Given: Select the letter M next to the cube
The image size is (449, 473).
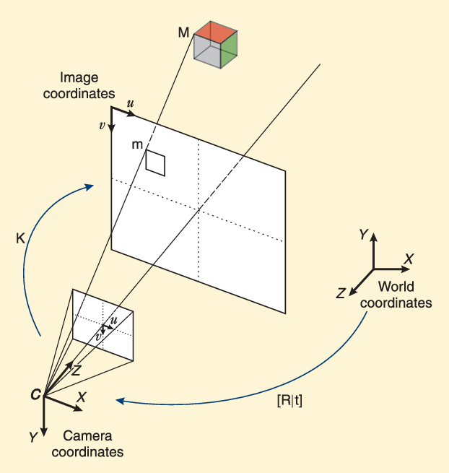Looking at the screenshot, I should (184, 32).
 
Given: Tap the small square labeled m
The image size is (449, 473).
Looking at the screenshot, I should (155, 162).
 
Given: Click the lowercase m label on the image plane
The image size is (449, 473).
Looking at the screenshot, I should (137, 145).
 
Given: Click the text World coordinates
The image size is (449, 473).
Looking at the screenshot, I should (396, 294).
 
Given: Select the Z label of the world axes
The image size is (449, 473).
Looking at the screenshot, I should (340, 292).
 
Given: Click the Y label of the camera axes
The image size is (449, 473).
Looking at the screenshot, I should (32, 437).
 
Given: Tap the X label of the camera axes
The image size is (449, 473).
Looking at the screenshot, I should (82, 396).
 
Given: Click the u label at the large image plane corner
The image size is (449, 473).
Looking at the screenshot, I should (130, 104).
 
